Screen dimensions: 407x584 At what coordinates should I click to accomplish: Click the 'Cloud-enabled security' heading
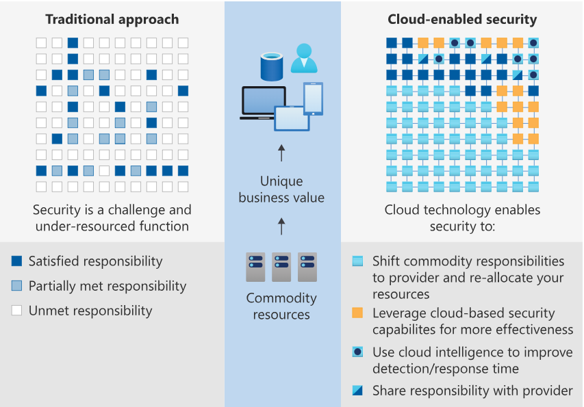click(462, 20)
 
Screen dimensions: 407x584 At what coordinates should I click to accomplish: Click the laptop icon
click(263, 103)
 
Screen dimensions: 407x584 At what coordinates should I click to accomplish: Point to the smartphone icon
click(314, 99)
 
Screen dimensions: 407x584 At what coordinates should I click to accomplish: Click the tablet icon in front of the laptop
click(292, 118)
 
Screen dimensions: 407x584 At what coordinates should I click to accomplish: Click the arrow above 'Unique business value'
click(281, 153)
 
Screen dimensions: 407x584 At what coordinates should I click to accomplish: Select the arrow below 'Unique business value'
click(281, 226)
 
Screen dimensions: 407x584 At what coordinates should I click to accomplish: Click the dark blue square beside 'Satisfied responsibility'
click(17, 261)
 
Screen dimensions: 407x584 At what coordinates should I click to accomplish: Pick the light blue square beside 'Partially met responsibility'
click(17, 286)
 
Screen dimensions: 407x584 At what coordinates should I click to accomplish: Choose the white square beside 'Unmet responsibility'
click(17, 311)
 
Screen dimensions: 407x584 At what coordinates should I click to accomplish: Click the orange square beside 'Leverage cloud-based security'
click(357, 313)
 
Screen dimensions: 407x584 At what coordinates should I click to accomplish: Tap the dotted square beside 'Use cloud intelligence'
click(357, 352)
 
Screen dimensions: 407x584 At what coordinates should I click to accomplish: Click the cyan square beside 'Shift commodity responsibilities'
click(357, 261)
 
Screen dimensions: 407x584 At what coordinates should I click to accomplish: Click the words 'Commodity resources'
click(281, 306)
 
